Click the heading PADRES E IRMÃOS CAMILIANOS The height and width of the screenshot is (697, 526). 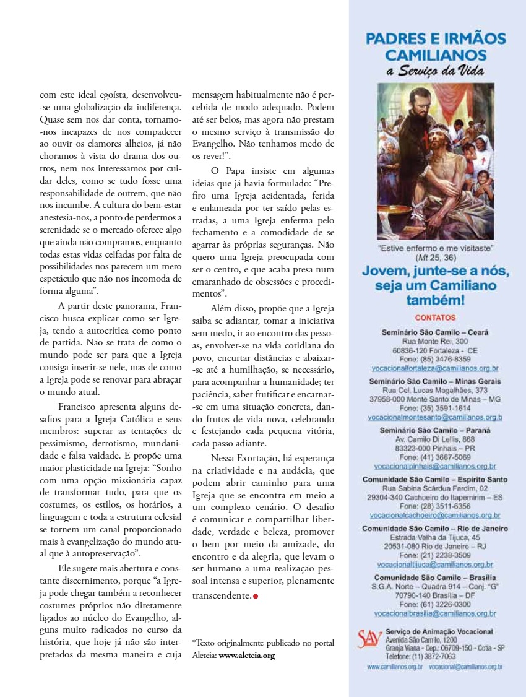(436, 46)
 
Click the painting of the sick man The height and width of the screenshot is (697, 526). (436, 161)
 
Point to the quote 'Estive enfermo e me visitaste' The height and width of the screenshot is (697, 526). (435, 248)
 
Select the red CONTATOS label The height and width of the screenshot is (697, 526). (435, 318)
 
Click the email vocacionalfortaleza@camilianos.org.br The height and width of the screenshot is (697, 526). (435, 368)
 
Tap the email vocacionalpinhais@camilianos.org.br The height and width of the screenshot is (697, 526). (435, 466)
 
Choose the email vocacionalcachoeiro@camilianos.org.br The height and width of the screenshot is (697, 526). (435, 515)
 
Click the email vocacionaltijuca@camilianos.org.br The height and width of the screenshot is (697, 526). (435, 565)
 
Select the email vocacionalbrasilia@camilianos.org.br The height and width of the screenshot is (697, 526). (435, 613)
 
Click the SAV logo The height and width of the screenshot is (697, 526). (369, 639)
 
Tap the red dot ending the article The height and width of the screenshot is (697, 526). (255, 596)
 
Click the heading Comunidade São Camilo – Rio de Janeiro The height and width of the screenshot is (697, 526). (435, 529)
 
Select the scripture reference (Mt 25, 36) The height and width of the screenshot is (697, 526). (435, 257)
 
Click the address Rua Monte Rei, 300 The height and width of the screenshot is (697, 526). (435, 341)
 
